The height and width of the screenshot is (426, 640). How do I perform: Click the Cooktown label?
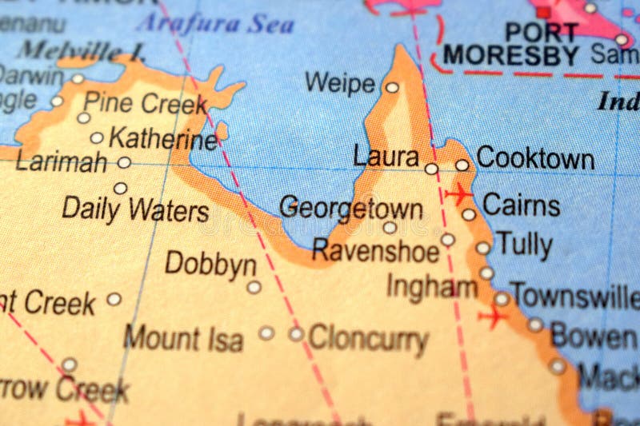(534, 158)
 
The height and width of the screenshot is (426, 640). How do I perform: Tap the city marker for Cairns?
(469, 214)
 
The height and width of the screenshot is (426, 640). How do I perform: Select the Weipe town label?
(340, 83)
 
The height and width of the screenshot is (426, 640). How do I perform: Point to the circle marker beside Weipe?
(392, 88)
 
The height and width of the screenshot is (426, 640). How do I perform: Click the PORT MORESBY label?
(512, 45)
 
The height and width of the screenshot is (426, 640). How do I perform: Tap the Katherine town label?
(163, 138)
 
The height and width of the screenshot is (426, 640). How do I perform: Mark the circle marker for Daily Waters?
(120, 189)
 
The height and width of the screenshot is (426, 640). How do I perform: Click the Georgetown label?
(351, 208)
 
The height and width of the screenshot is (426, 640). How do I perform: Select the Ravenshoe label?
(375, 251)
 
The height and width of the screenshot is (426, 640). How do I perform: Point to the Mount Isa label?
(183, 337)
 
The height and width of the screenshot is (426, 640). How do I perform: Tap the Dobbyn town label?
(210, 265)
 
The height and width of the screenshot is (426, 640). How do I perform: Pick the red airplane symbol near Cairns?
(459, 193)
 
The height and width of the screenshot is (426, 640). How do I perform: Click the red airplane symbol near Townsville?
(493, 317)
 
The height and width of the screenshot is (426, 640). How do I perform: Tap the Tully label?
(524, 244)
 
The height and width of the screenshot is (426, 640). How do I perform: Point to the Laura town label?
(386, 157)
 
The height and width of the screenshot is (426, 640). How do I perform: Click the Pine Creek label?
(145, 103)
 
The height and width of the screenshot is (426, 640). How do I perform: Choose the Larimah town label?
(61, 163)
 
